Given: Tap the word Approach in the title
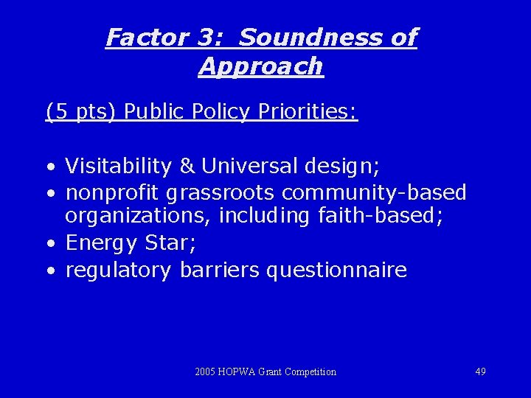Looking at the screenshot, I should click(x=260, y=66).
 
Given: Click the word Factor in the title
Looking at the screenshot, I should click(x=145, y=37).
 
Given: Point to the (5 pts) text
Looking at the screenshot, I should click(x=81, y=111).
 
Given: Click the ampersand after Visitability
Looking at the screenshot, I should click(x=187, y=167).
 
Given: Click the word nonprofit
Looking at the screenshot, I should click(x=113, y=193).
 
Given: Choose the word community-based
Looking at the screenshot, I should click(x=374, y=193).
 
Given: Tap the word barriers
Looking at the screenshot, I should click(x=219, y=270).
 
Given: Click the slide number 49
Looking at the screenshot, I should click(x=480, y=371).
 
